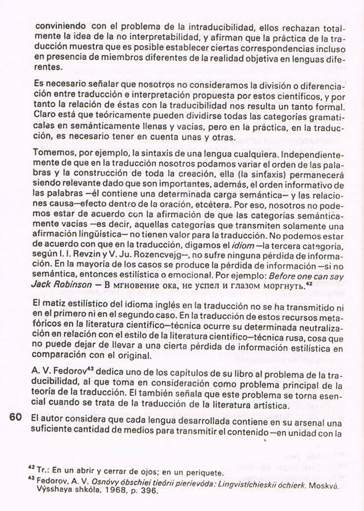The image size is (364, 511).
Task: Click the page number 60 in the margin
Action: tap(15, 417)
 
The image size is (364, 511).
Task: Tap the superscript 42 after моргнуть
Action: tap(309, 283)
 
